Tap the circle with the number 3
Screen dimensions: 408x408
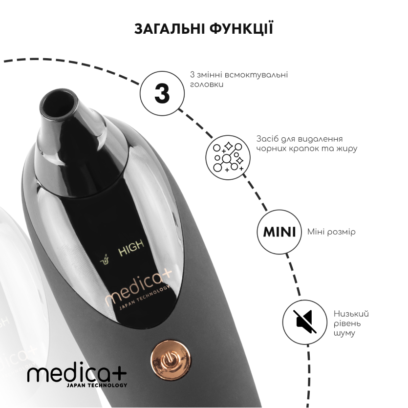162,93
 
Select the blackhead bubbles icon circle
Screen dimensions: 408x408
228,157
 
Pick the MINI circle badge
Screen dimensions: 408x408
279,232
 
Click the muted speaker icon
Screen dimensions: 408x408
305,322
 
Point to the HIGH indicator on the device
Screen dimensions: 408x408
131,245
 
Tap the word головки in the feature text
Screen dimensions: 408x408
207,85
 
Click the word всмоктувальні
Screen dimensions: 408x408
256,75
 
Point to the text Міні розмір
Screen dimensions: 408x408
331,232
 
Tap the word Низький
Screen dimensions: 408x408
351,314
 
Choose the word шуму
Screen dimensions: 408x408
344,334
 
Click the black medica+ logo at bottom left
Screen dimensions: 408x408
77,374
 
